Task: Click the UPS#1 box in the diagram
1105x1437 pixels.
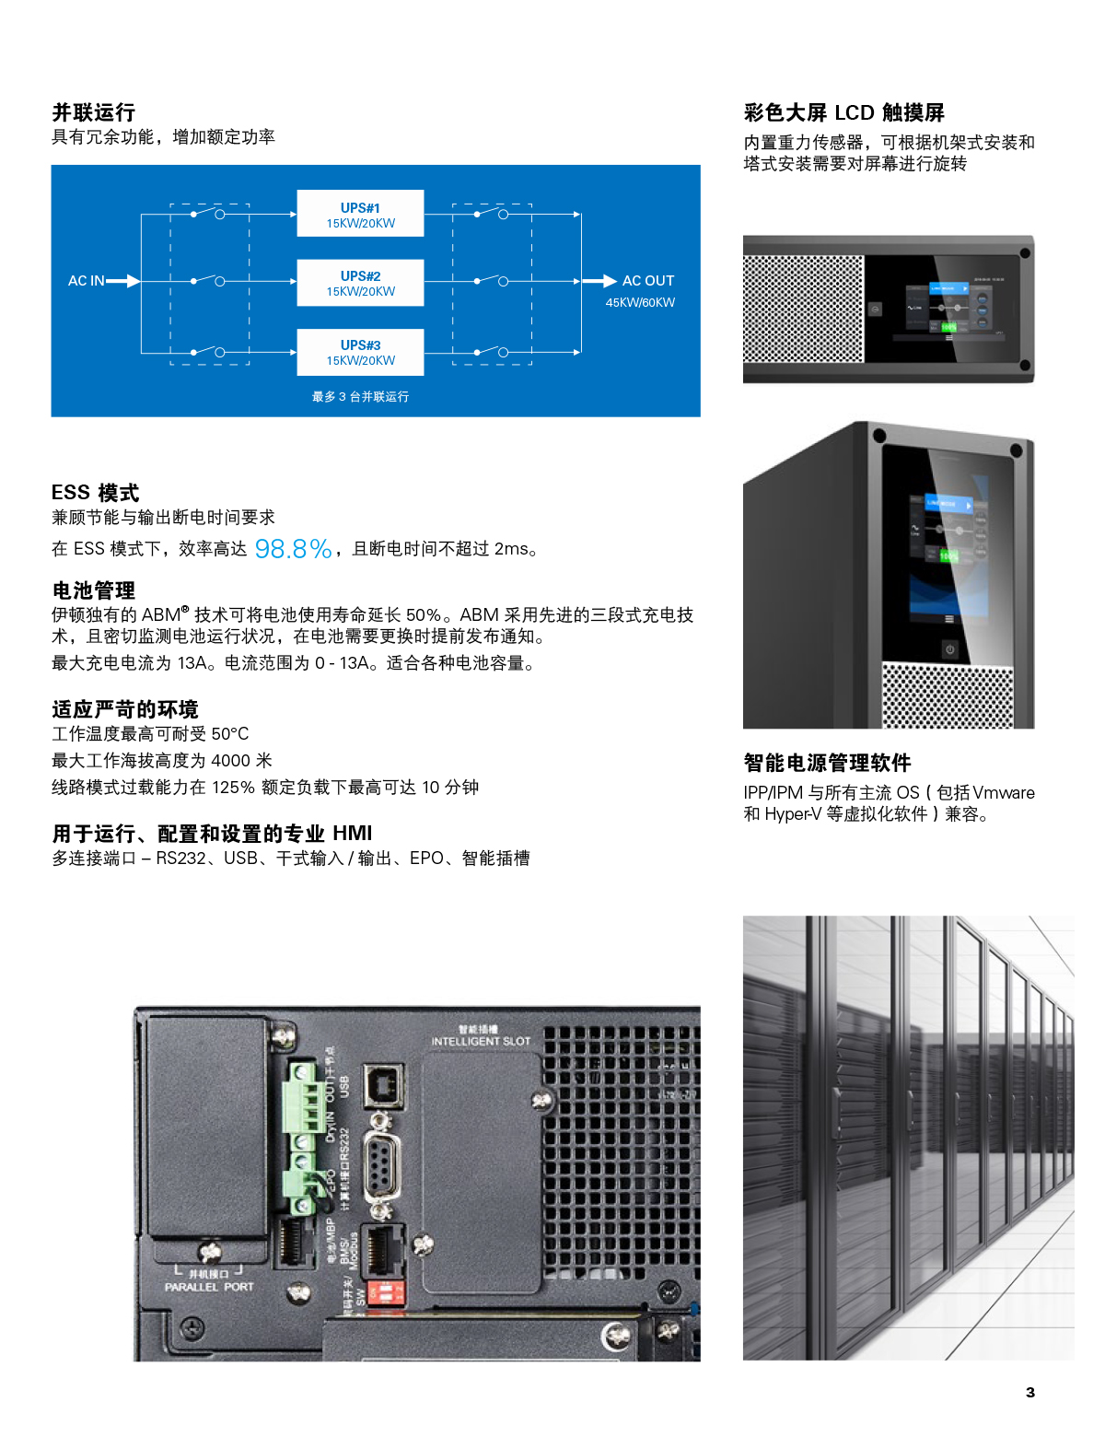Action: [x=360, y=214]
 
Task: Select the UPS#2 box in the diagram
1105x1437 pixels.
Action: [x=360, y=282]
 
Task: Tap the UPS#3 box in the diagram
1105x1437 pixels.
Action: [x=360, y=352]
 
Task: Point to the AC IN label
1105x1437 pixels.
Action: [x=86, y=281]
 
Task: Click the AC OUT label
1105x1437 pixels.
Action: [x=647, y=281]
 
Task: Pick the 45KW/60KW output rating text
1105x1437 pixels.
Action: [x=640, y=303]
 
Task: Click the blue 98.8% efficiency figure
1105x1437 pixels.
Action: [x=293, y=549]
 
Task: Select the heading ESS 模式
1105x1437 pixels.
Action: [x=96, y=493]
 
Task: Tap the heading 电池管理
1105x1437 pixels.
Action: [x=94, y=590]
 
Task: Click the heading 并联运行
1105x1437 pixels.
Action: [x=94, y=112]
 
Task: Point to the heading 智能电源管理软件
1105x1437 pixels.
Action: [x=827, y=763]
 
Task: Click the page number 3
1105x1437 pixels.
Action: [x=1030, y=1392]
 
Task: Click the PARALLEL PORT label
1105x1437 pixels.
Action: [x=209, y=1287]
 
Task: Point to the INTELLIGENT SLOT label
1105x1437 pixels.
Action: [x=481, y=1041]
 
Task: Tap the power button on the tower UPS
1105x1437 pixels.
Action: [x=949, y=649]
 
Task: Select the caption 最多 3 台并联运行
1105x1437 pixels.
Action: [x=360, y=397]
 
